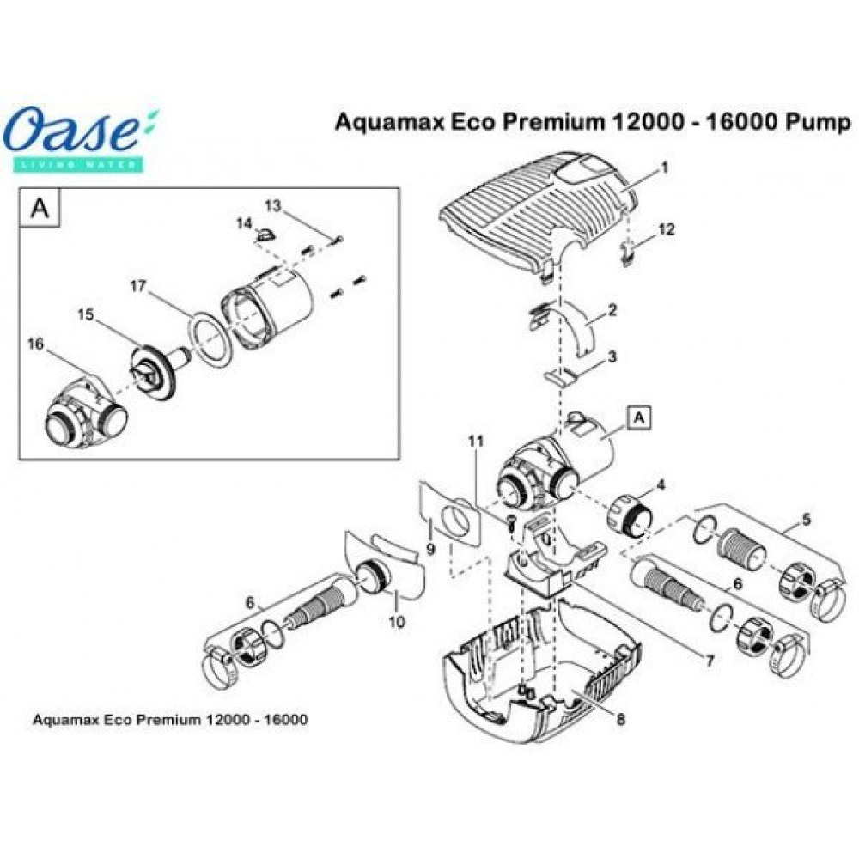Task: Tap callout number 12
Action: point(667,229)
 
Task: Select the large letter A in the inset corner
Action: point(40,209)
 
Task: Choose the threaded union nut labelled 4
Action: point(631,517)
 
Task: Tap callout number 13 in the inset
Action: point(272,206)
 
